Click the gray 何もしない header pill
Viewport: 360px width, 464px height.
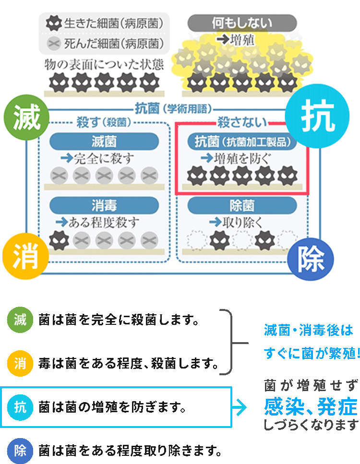pos(241,22)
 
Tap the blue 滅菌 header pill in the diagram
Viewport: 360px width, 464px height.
pos(104,141)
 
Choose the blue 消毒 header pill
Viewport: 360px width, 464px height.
pos(104,205)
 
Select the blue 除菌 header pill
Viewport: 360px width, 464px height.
pos(241,205)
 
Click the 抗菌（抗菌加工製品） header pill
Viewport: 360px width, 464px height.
pos(242,141)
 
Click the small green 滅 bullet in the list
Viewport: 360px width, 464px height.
pos(20,321)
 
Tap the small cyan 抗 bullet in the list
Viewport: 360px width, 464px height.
pos(20,407)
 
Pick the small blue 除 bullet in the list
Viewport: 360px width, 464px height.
pos(20,451)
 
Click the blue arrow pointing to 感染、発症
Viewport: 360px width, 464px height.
pos(239,407)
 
